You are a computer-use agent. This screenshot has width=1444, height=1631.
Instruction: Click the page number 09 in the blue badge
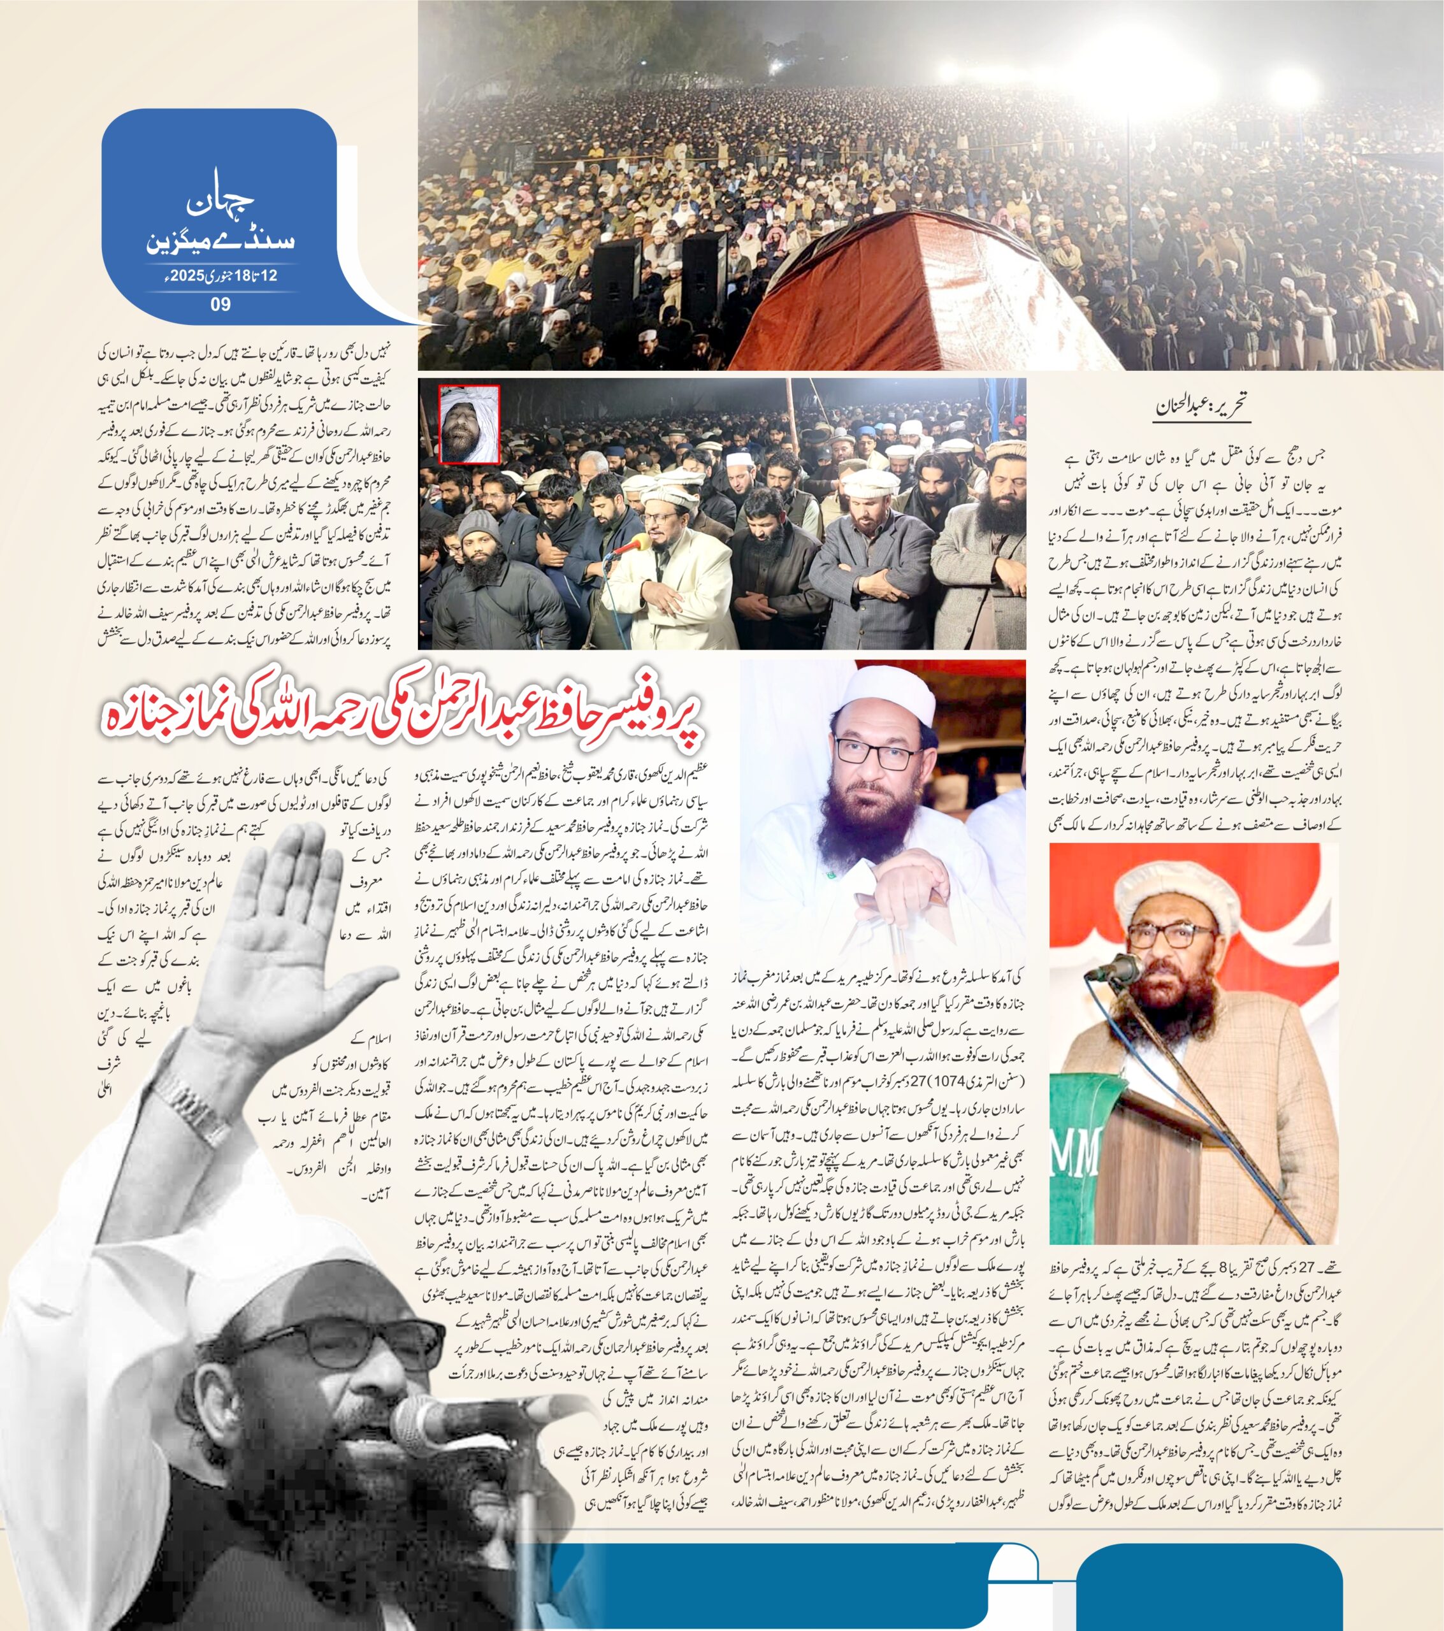pyautogui.click(x=220, y=304)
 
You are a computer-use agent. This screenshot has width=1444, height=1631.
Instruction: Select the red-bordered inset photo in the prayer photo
pyautogui.click(x=470, y=424)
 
